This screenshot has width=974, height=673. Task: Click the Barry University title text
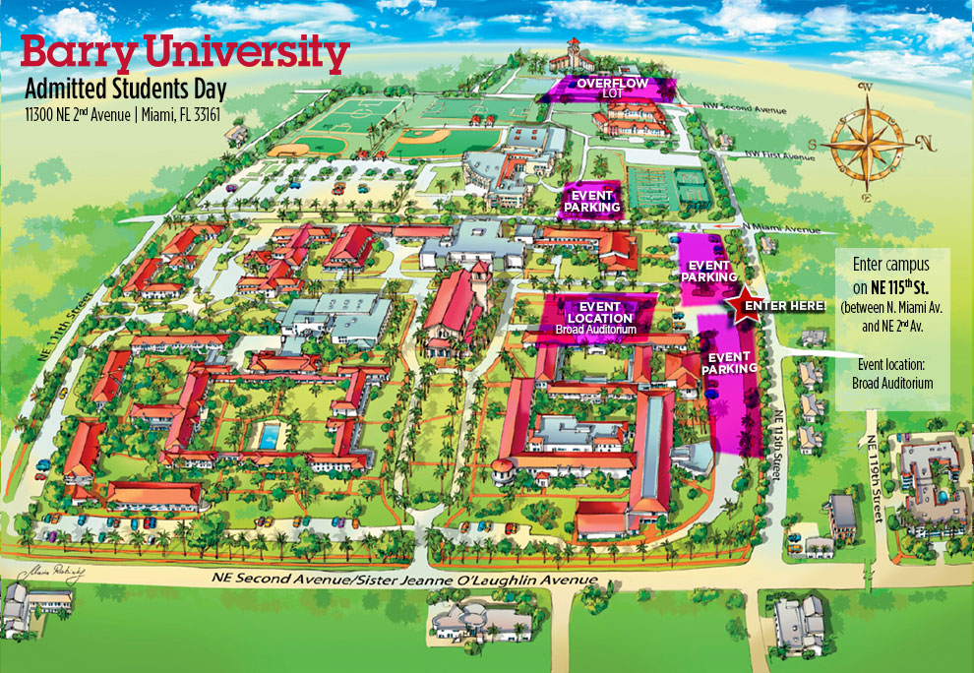185,54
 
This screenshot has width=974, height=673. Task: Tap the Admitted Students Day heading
126,91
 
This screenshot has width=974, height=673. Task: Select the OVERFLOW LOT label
612,88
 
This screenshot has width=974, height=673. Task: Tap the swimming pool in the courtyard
267,436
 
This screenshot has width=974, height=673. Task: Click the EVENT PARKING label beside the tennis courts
592,201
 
